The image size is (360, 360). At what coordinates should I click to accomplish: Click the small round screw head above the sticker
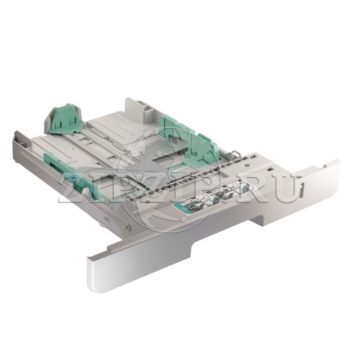click(246, 166)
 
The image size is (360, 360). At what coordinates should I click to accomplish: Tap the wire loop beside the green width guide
click(236, 153)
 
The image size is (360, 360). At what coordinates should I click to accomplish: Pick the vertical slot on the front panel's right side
click(302, 189)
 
